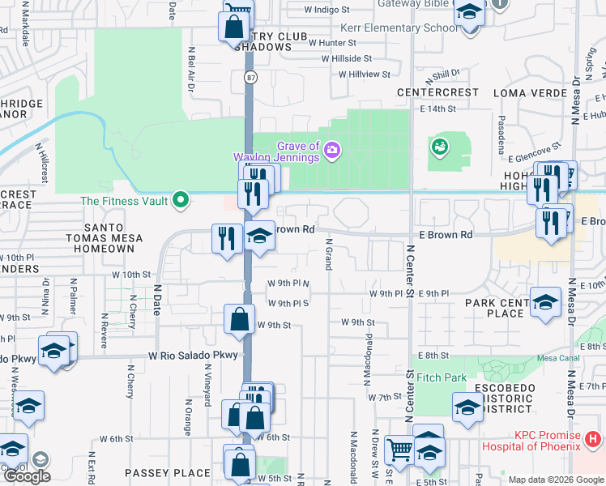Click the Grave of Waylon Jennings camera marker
tap(331, 150)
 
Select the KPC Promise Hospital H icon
tap(592, 440)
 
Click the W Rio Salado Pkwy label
tap(193, 356)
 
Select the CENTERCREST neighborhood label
tap(437, 92)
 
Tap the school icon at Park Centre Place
tap(546, 300)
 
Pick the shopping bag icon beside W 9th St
tap(241, 318)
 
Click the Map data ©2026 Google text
tap(556, 480)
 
